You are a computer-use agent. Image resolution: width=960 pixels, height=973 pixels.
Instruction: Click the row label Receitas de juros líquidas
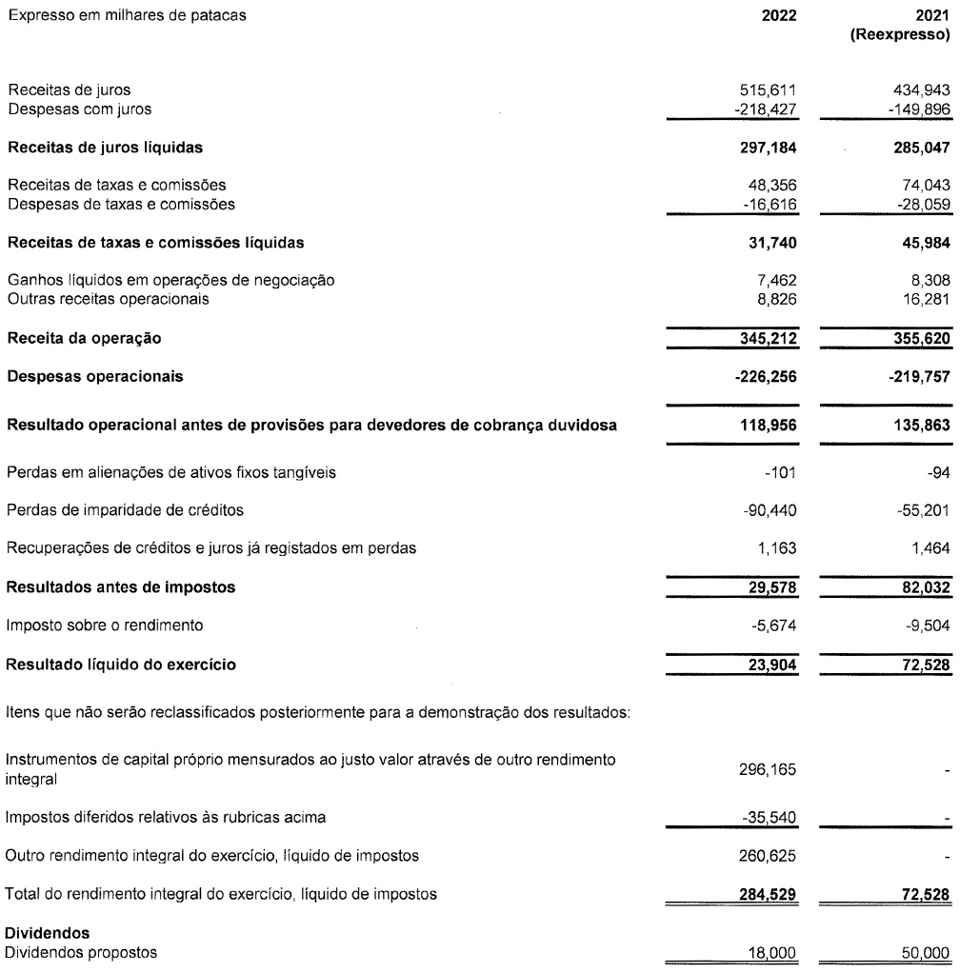click(106, 147)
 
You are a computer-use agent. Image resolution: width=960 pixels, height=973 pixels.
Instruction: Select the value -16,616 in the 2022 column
click(773, 203)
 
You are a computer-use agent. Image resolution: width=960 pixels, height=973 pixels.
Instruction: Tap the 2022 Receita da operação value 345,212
click(770, 338)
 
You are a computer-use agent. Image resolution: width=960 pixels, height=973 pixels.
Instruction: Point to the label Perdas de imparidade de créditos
click(125, 511)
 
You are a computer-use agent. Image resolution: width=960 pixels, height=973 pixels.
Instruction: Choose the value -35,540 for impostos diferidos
click(773, 816)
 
